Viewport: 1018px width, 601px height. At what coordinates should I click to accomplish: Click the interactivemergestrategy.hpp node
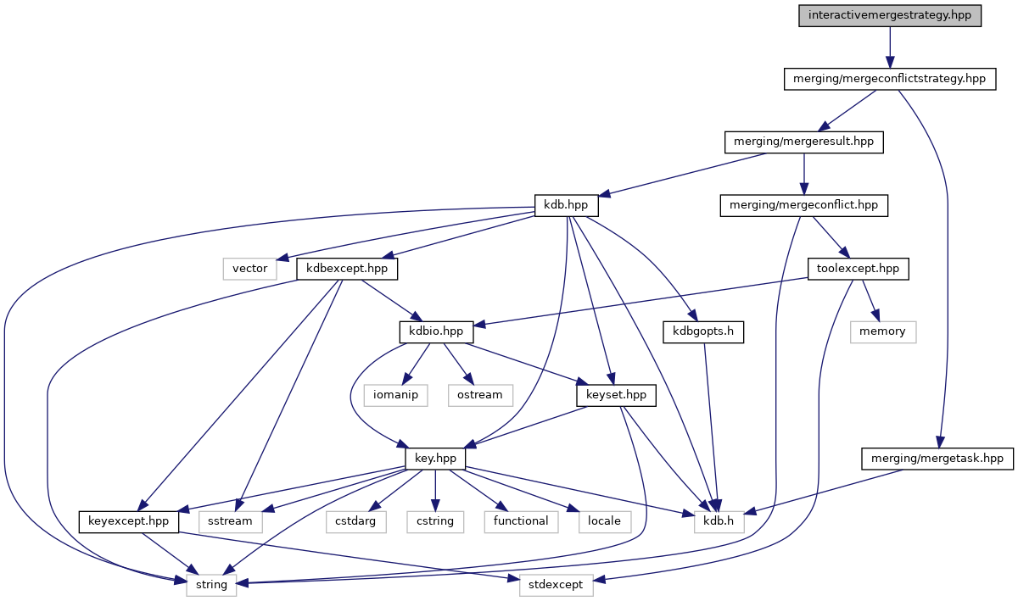(889, 16)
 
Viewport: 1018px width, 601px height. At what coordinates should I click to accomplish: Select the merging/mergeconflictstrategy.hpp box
(888, 79)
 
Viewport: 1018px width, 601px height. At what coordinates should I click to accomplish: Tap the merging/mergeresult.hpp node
(803, 142)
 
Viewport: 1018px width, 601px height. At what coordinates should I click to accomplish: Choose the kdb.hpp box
(566, 205)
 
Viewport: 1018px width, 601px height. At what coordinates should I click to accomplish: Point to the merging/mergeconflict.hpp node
(803, 205)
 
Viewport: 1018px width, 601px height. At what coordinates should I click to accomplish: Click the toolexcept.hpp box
(857, 270)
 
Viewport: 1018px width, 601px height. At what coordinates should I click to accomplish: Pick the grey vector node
(250, 269)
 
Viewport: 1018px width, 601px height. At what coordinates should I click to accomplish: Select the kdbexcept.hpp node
(347, 270)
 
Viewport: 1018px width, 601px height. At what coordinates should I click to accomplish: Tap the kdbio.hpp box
(436, 331)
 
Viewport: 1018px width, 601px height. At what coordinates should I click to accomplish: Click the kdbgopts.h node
(703, 332)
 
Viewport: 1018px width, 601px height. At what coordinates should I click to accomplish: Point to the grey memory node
(882, 331)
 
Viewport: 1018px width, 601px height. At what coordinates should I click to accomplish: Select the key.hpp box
(435, 458)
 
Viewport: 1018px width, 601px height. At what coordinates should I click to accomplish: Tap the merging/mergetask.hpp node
(937, 459)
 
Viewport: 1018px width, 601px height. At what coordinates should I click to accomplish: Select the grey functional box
(521, 520)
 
